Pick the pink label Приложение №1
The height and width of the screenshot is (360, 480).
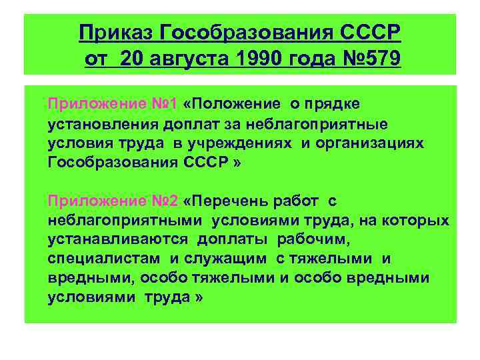click(x=112, y=104)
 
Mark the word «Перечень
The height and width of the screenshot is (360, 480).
click(x=229, y=201)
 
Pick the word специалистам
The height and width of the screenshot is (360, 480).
click(x=104, y=258)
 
